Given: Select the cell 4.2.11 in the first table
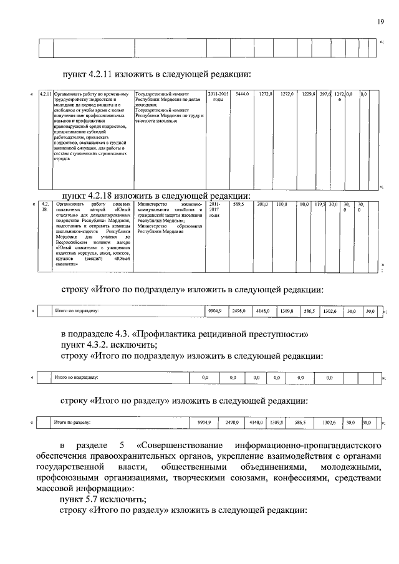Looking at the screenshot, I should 44,94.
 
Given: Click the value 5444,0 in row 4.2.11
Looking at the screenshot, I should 242,94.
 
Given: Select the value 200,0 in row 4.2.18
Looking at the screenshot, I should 262,204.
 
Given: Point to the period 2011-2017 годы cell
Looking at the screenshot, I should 214,210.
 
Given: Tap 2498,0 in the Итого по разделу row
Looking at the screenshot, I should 233,423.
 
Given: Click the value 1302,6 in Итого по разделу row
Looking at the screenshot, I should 329,423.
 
